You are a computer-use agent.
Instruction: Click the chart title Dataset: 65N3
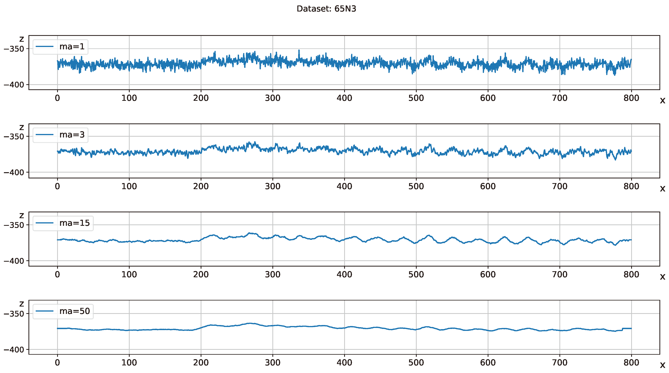[x=326, y=9]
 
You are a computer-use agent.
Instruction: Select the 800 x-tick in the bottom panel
[x=631, y=363]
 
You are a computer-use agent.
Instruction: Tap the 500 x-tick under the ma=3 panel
[x=416, y=186]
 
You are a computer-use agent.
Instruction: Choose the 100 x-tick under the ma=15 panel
[x=129, y=275]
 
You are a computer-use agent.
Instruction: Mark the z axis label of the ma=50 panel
[x=22, y=303]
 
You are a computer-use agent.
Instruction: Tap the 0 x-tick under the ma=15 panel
[x=57, y=275]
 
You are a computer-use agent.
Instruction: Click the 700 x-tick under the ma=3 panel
[x=559, y=186]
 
